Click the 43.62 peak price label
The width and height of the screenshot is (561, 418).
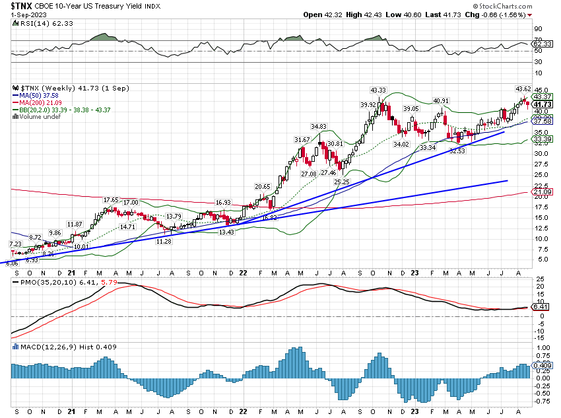(x=522, y=88)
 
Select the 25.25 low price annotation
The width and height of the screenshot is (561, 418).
(x=341, y=182)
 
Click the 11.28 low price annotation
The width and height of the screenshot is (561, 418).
(x=164, y=242)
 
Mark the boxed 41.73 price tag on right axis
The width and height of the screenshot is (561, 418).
(x=543, y=104)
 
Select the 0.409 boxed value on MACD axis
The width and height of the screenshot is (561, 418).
(x=542, y=365)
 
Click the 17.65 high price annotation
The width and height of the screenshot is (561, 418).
(x=111, y=200)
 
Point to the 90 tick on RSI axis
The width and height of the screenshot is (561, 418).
(x=538, y=29)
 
